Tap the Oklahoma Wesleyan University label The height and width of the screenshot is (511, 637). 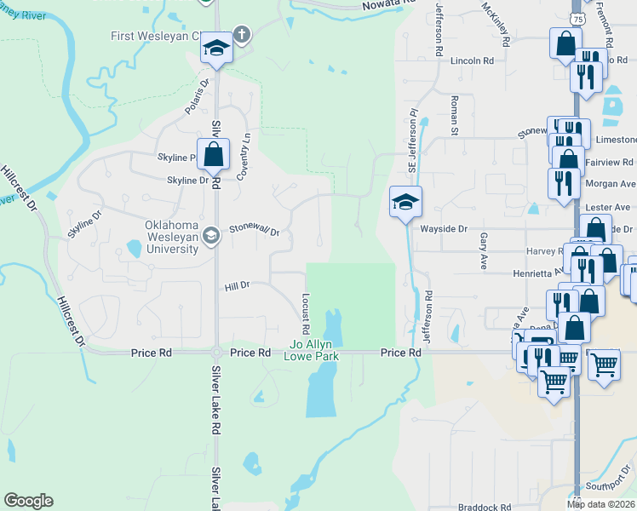point(170,237)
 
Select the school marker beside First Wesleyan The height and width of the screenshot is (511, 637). point(216,49)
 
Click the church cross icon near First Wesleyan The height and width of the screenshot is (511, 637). point(242,36)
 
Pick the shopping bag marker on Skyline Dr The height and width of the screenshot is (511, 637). point(214,155)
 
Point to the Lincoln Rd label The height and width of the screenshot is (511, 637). point(472,61)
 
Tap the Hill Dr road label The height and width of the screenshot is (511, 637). point(237,286)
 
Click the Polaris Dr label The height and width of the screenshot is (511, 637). point(197,98)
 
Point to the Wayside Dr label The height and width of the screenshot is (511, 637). point(444,229)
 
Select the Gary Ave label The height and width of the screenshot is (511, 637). point(483,246)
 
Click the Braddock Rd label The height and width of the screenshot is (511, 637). point(484,505)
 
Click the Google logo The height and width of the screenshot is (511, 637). point(28,501)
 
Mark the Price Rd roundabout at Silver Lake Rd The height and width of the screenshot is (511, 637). point(216,352)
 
